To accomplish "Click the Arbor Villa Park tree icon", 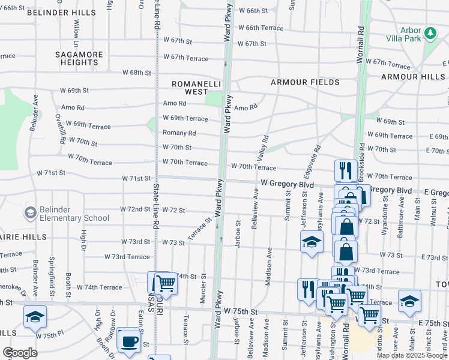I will coord(430,34).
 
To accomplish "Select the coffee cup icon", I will coord(129,341).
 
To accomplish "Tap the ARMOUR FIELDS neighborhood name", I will coord(304,82).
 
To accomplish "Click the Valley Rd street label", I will coord(262,147).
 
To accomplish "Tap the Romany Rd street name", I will coord(179,133).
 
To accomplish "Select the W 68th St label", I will coord(136,73).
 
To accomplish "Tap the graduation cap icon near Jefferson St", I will coord(312,242).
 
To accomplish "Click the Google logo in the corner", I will coord(20,353).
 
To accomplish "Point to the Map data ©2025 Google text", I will coord(412,355).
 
